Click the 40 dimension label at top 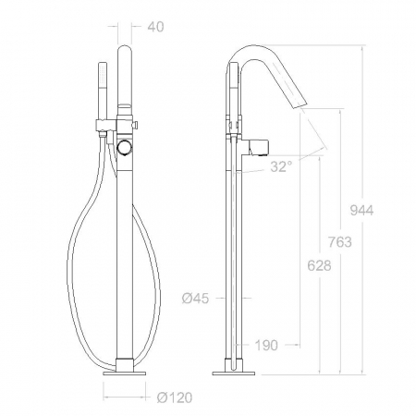click(x=155, y=27)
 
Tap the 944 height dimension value click(x=361, y=211)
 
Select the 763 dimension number click(x=339, y=242)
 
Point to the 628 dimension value click(x=319, y=265)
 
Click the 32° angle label click(x=281, y=166)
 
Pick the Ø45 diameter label click(x=195, y=299)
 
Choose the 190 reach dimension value click(x=266, y=346)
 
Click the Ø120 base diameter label click(x=175, y=398)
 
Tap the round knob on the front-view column click(x=125, y=147)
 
